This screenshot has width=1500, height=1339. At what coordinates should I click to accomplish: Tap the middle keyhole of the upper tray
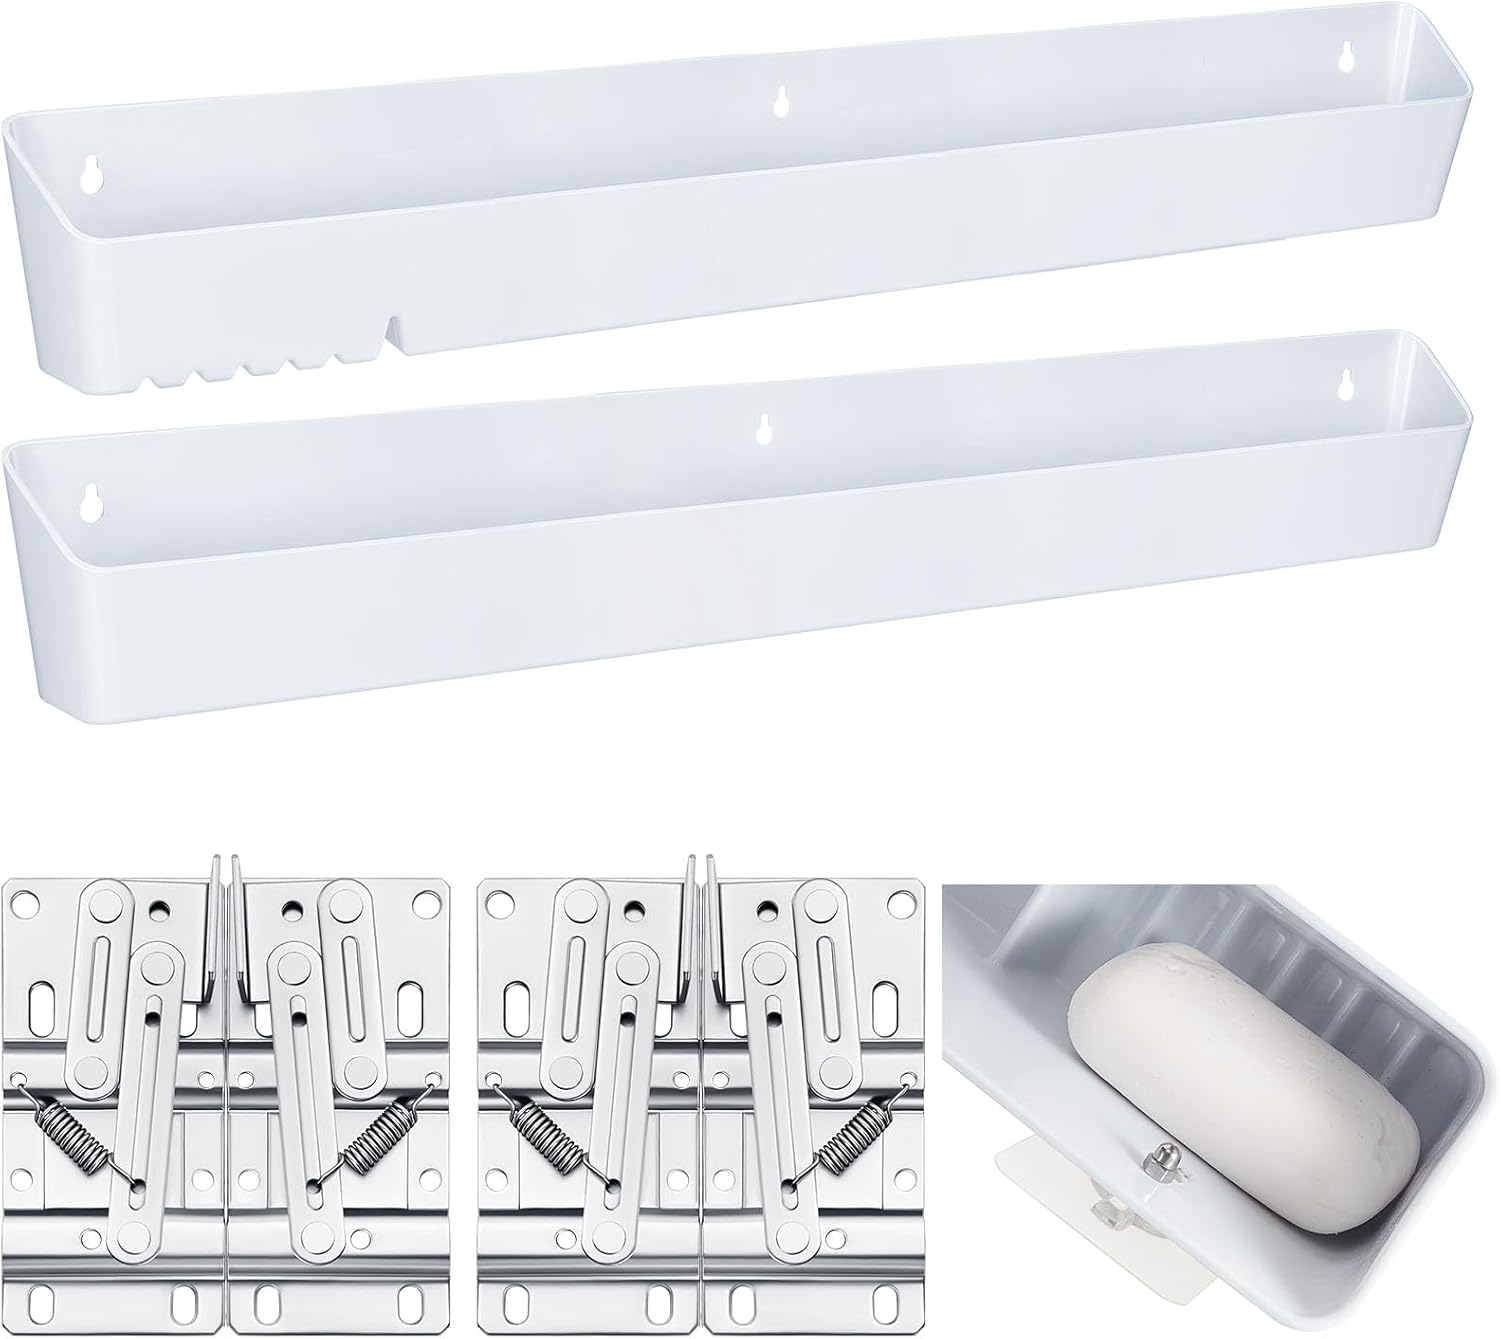point(781,101)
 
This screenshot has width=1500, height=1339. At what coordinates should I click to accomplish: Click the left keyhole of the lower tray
point(92,503)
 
